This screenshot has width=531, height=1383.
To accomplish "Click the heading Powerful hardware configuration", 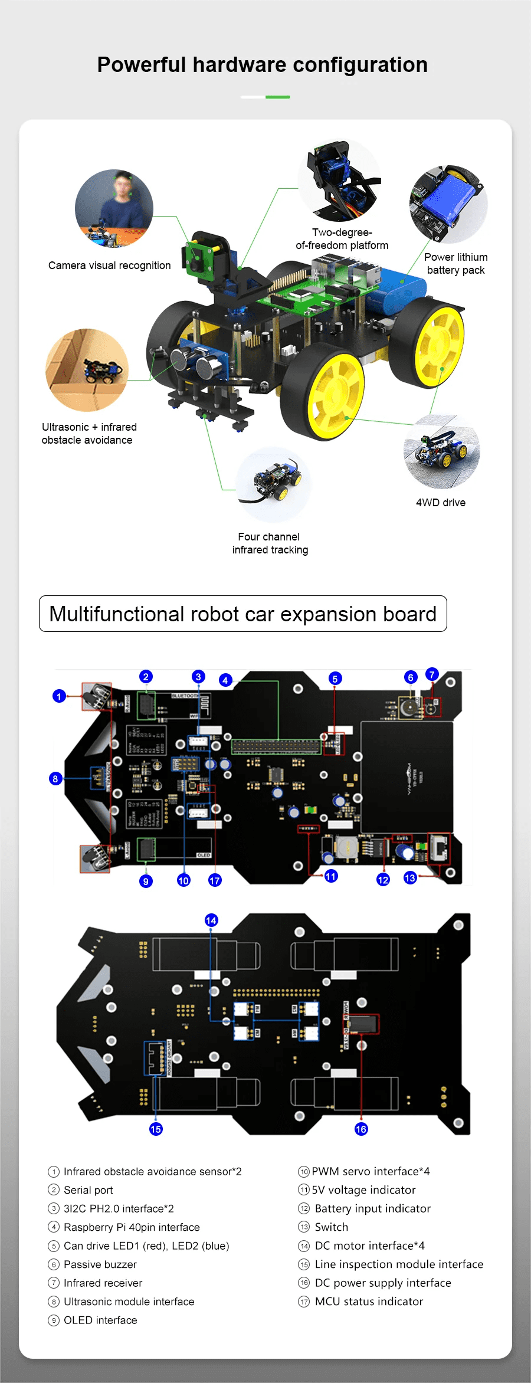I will (x=262, y=65).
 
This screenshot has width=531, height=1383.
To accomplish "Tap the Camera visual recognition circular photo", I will (x=114, y=208).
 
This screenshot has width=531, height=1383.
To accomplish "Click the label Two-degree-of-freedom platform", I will (x=342, y=239).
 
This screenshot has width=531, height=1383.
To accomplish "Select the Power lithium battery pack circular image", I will (x=448, y=204).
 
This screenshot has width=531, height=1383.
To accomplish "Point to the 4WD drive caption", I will (x=440, y=503).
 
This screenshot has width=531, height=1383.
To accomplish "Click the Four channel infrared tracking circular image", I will (x=273, y=484).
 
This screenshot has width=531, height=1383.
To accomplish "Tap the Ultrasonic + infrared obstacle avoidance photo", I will (x=87, y=370).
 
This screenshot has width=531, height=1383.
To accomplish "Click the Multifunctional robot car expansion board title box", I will (x=242, y=614).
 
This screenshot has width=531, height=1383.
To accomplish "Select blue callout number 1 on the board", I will (x=59, y=696).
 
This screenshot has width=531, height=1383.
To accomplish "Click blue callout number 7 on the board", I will (x=432, y=674).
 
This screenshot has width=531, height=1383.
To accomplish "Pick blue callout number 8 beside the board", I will (x=55, y=779).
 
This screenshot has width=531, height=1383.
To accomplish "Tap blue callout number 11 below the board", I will (x=331, y=876).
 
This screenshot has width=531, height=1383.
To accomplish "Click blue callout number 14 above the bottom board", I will (x=211, y=920).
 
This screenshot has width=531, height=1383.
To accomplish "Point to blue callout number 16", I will (x=361, y=1129).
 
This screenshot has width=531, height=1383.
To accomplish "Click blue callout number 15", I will (x=156, y=1129).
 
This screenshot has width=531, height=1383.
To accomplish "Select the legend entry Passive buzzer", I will (x=100, y=1264).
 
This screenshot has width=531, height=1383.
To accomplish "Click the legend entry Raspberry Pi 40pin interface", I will (x=132, y=1227).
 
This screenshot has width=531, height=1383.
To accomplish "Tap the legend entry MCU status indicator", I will (x=369, y=1301).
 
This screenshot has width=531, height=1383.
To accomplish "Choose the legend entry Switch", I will (x=331, y=1227).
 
